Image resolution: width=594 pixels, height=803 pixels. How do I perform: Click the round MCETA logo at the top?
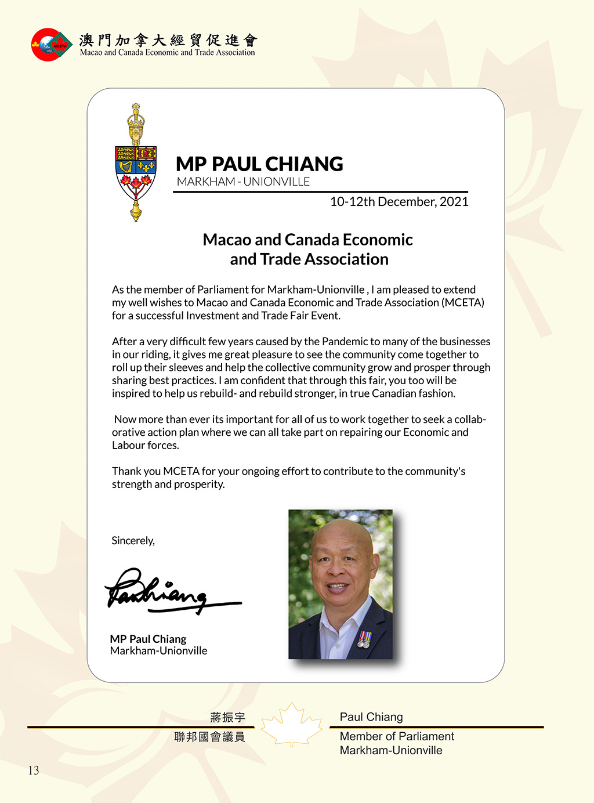pos(51,44)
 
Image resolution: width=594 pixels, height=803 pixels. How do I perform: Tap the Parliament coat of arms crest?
pos(136,163)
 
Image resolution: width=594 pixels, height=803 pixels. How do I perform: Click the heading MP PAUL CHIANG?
pos(259,164)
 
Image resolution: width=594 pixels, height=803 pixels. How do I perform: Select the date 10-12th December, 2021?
pos(399,202)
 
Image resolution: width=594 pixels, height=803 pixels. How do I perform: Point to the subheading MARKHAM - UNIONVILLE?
pos(243,182)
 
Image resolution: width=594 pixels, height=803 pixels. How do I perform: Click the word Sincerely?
pos(133,541)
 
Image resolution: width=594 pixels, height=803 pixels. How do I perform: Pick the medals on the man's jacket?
pos(364,640)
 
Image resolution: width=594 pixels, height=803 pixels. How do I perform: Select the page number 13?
pos(34,771)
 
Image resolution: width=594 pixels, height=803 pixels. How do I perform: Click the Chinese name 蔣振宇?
pos(227,718)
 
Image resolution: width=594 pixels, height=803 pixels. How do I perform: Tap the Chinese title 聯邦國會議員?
pos(209,737)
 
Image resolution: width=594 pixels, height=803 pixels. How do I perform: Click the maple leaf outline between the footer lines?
pos(291,725)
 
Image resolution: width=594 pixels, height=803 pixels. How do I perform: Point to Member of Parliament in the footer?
pos(397,736)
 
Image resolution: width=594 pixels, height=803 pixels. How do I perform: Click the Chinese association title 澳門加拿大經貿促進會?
pos(168,39)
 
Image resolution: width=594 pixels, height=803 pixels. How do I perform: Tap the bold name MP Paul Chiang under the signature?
pos(148,639)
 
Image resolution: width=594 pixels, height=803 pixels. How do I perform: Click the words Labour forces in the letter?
pos(145,446)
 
